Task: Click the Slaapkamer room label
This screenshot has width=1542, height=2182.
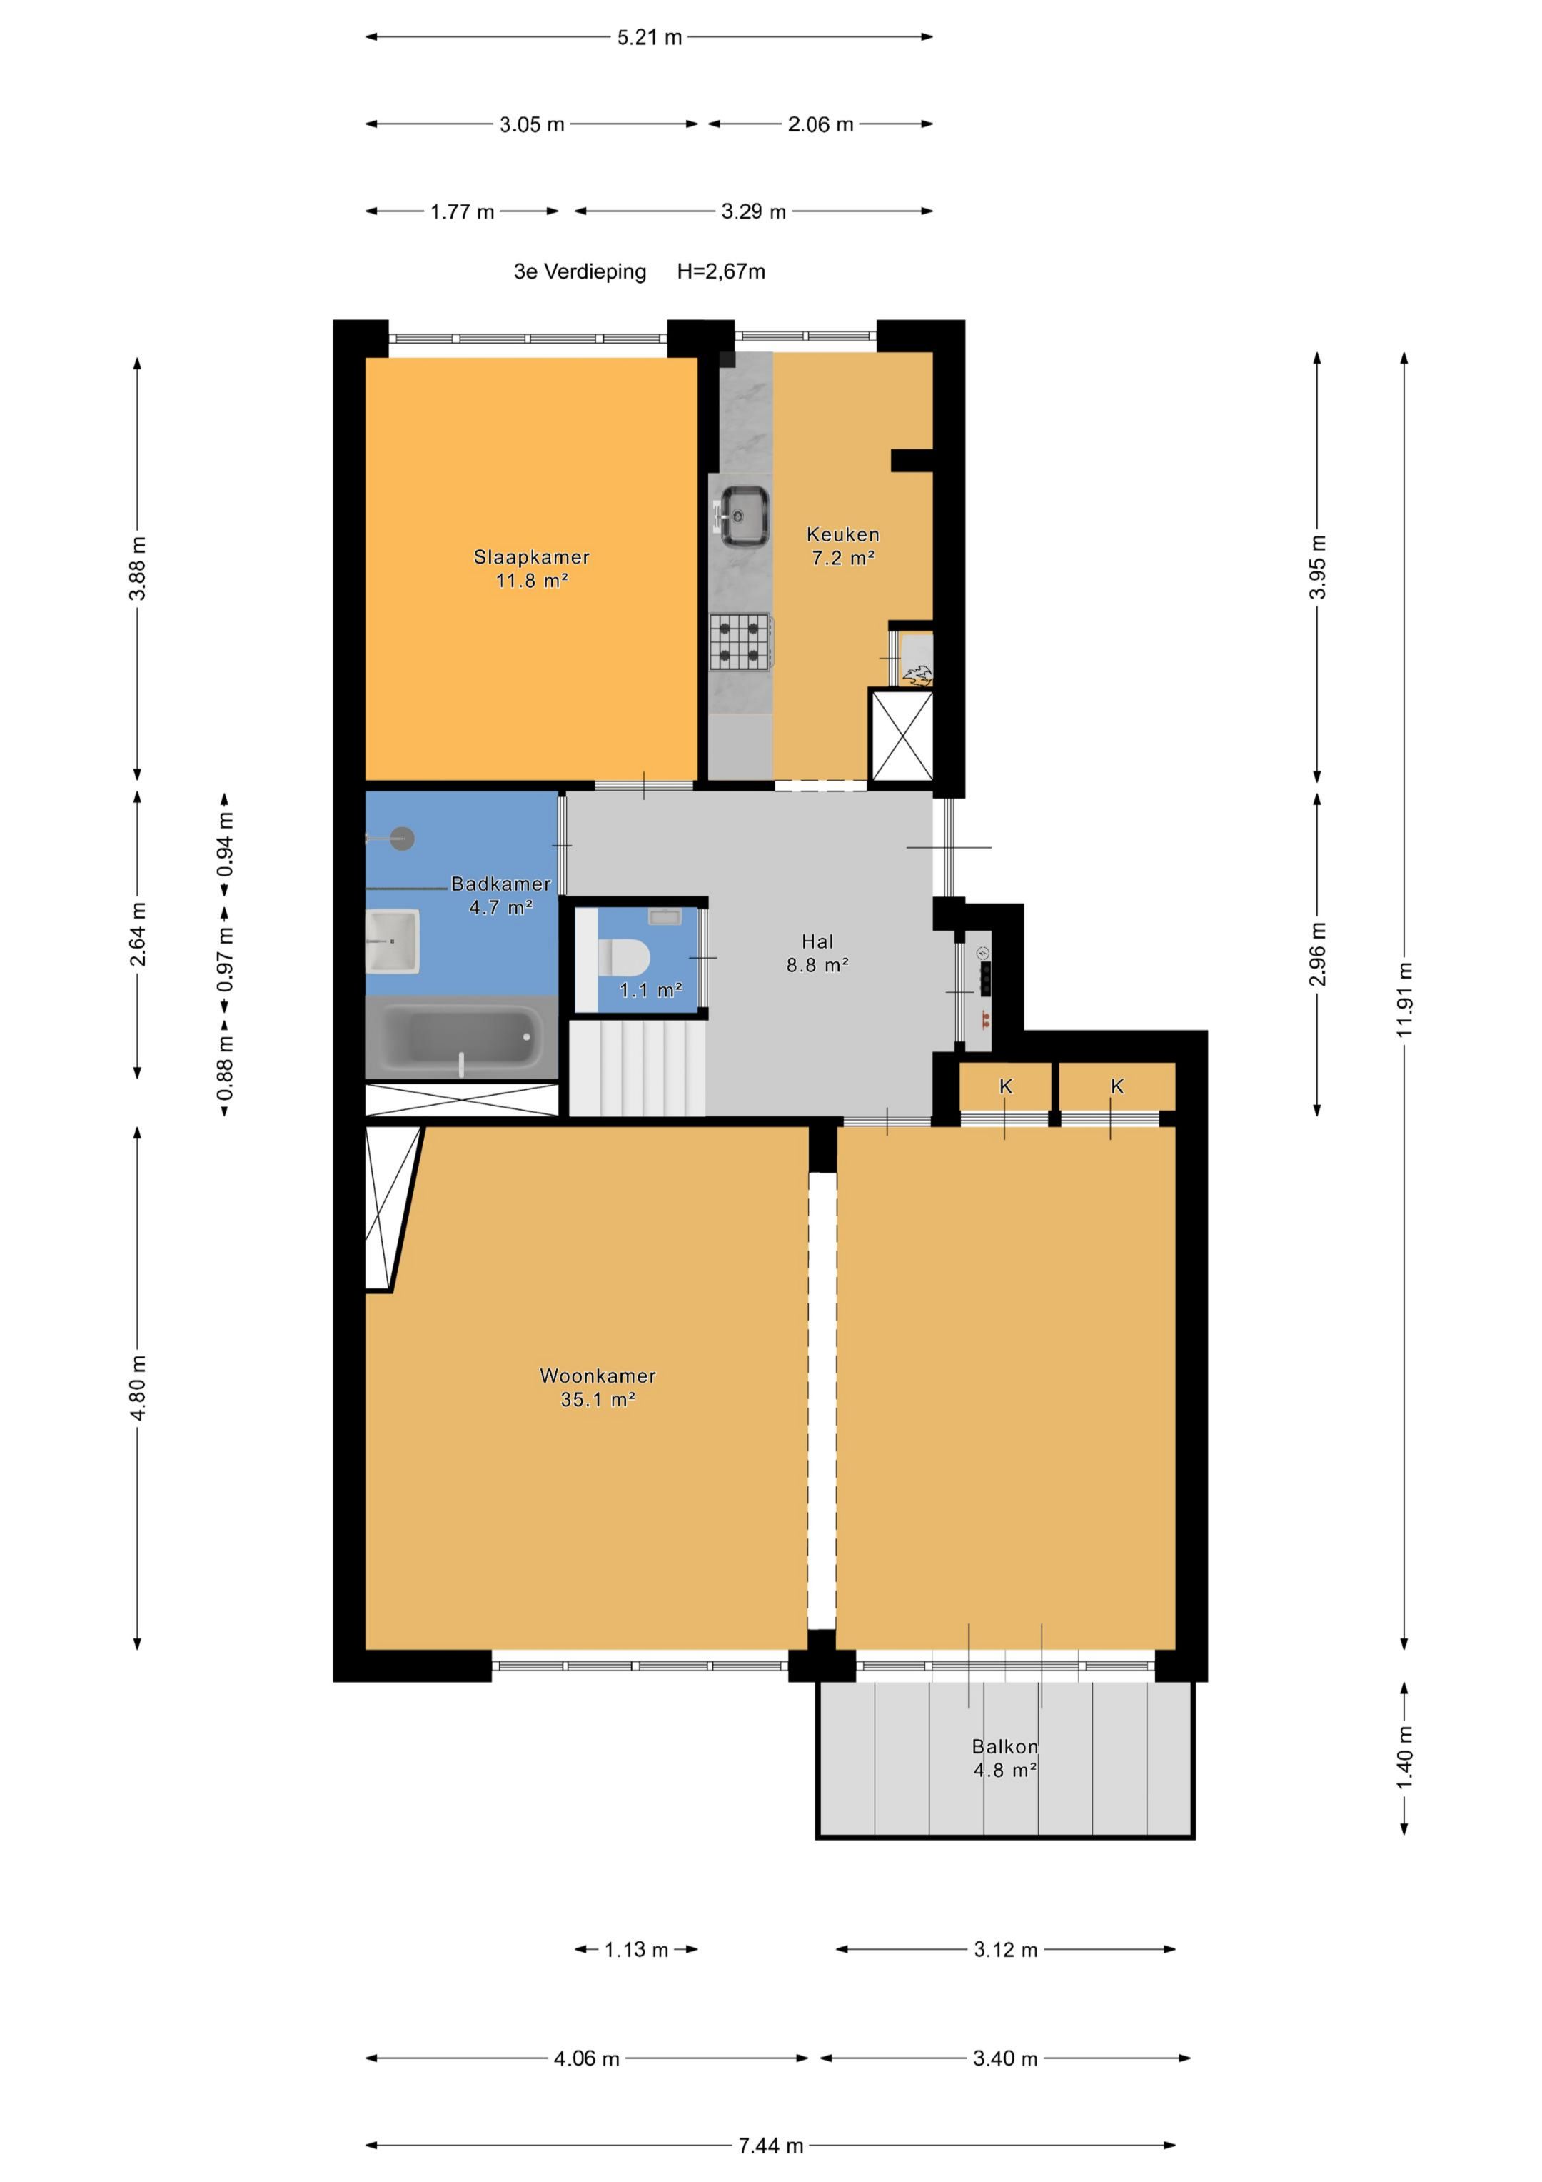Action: pos(531,557)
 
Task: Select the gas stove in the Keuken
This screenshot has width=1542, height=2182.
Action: pos(741,641)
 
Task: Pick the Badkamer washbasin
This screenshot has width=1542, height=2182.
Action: pos(393,941)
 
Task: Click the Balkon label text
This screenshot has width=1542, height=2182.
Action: pos(1004,1746)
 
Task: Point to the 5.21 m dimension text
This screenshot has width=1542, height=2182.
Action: pos(650,37)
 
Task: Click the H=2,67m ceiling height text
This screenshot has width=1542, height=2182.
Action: pos(721,272)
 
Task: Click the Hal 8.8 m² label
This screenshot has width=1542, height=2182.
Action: pos(817,954)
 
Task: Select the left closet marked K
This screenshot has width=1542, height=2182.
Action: pos(1005,1086)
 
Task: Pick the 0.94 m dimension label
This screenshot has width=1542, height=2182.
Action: pos(225,844)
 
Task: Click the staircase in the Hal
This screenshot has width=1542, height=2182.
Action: pos(638,1066)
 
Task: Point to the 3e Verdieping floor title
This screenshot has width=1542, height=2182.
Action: pos(580,272)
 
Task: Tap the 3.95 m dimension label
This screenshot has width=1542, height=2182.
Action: pos(1317,566)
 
